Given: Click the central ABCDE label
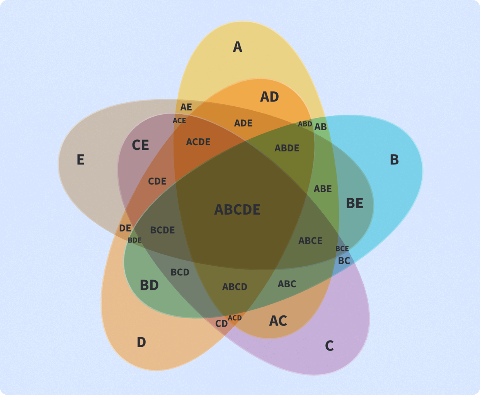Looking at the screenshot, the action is click(x=237, y=210).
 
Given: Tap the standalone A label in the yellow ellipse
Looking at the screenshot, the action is click(x=238, y=47).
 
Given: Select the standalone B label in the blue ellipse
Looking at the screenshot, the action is click(x=394, y=159).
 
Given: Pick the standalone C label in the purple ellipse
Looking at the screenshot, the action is click(x=329, y=346).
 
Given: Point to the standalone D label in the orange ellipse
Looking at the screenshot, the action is click(x=141, y=342).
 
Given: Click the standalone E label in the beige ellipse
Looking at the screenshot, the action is click(x=80, y=159).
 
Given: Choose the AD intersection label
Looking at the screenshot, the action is click(x=269, y=97).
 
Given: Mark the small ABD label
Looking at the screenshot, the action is click(x=305, y=124).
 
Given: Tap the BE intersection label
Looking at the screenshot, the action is click(x=354, y=203).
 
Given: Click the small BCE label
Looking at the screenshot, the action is click(x=342, y=249).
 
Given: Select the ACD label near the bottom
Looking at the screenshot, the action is click(x=235, y=318).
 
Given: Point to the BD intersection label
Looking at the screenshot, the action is click(x=149, y=285).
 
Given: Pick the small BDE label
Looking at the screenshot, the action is click(x=134, y=240).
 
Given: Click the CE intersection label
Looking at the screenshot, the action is click(x=140, y=145).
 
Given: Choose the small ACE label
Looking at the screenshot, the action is click(x=179, y=120).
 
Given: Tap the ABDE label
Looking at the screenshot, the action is click(x=287, y=148).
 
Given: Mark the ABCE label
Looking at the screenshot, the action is click(x=310, y=241).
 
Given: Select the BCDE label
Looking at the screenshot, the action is click(x=162, y=230).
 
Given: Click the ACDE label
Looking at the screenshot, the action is click(x=198, y=142).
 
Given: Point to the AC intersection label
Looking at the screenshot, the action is click(x=278, y=321).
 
